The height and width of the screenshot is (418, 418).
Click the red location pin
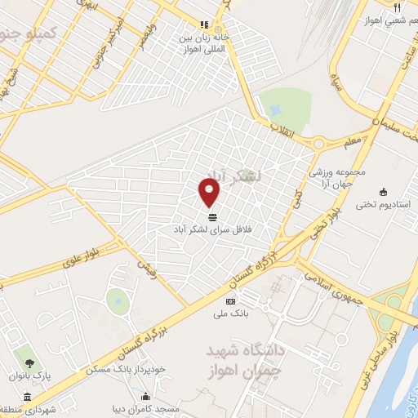tap(210, 193)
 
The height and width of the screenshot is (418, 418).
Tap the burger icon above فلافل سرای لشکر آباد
tap(213, 216)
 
